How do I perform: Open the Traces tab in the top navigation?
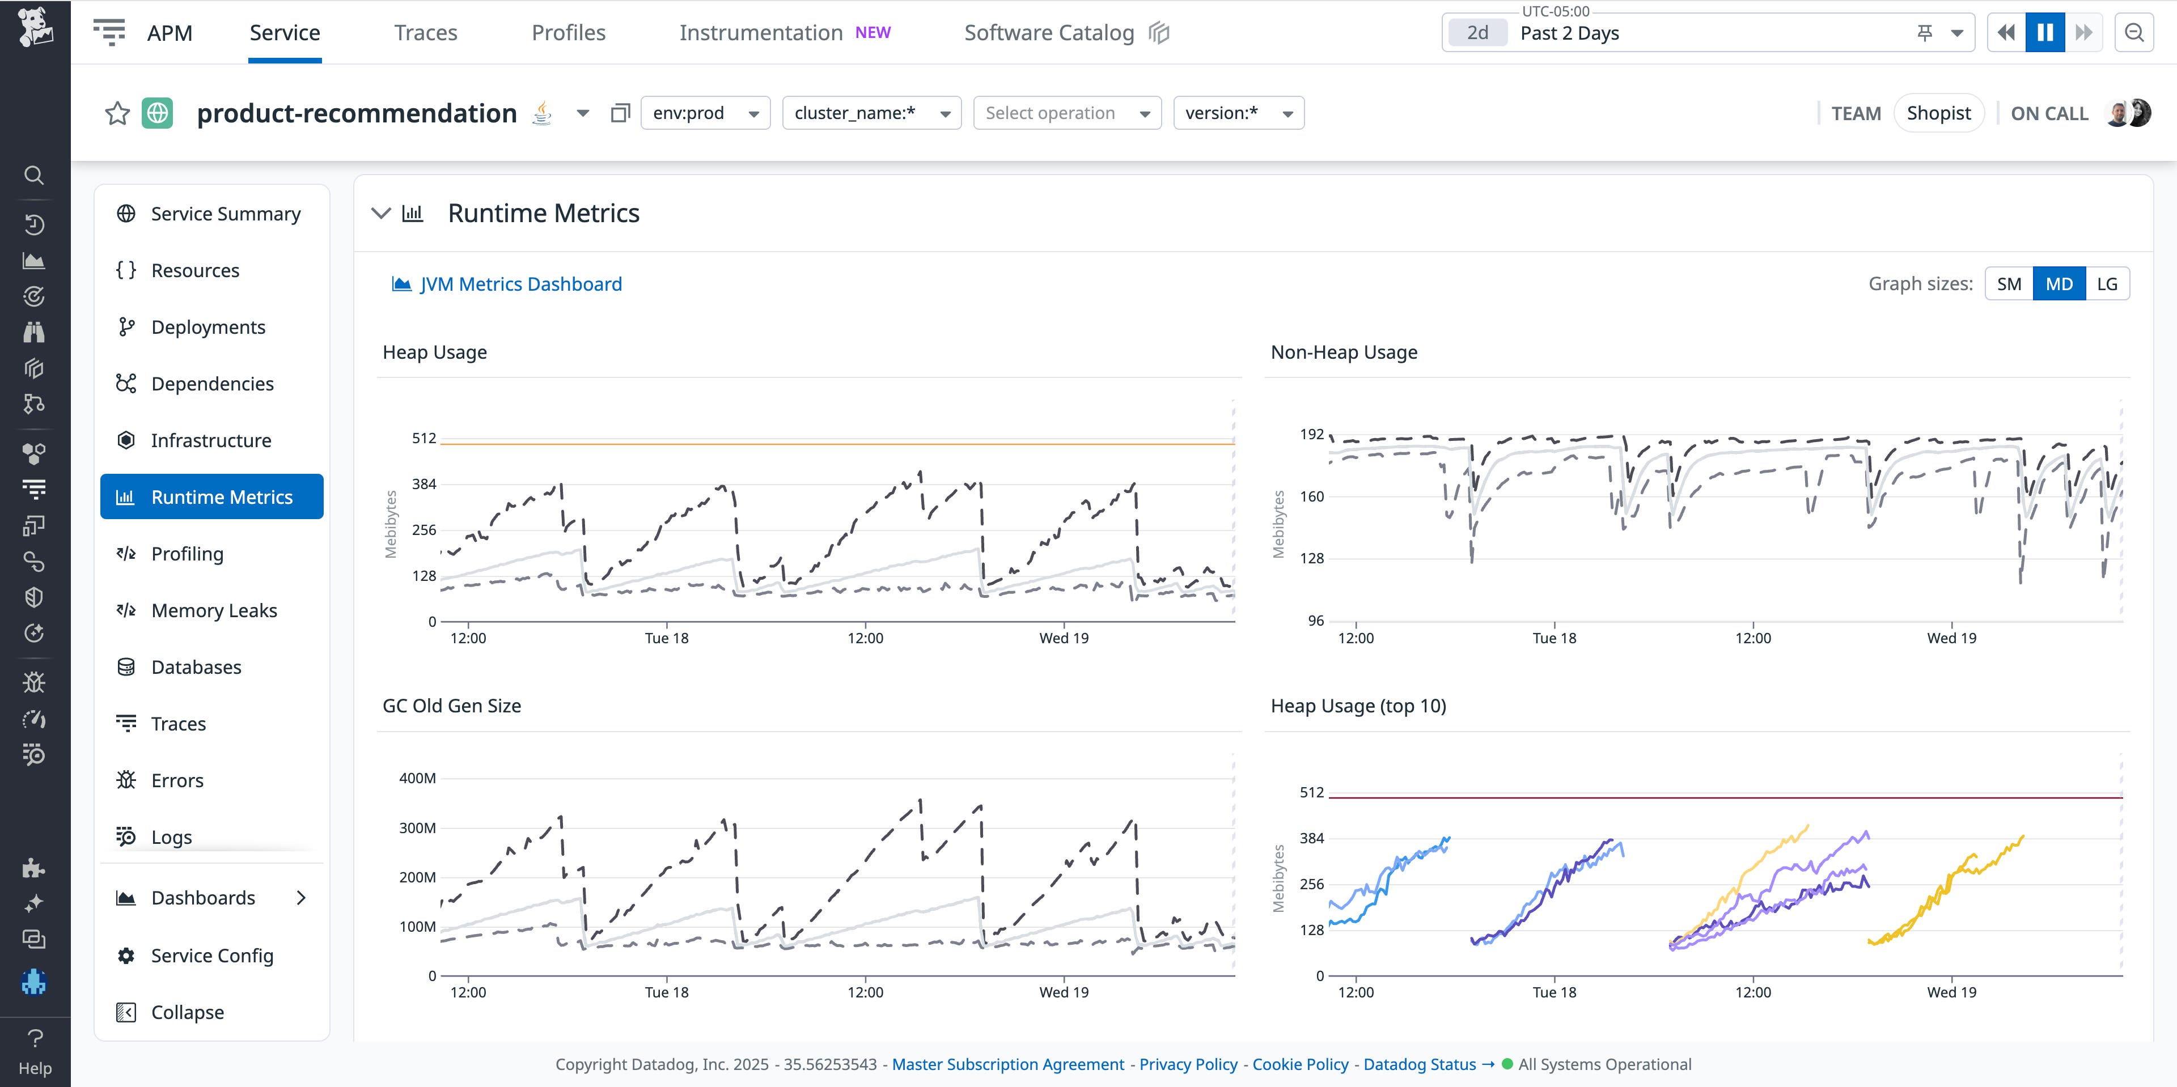point(425,33)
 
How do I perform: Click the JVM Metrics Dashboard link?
point(520,284)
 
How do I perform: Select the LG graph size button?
point(2107,284)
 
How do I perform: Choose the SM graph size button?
point(2009,284)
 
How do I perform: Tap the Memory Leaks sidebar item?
point(214,610)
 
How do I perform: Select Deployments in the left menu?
point(208,327)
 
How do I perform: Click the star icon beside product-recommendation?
point(117,113)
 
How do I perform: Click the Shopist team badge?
point(1938,113)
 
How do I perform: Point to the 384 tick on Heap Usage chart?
point(423,484)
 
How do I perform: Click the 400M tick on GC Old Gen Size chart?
point(417,778)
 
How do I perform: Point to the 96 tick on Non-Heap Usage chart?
point(1315,621)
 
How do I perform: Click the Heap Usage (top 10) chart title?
point(1358,706)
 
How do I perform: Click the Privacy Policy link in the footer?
point(1187,1064)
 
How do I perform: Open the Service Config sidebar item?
point(211,956)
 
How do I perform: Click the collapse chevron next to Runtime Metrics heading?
point(381,213)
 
